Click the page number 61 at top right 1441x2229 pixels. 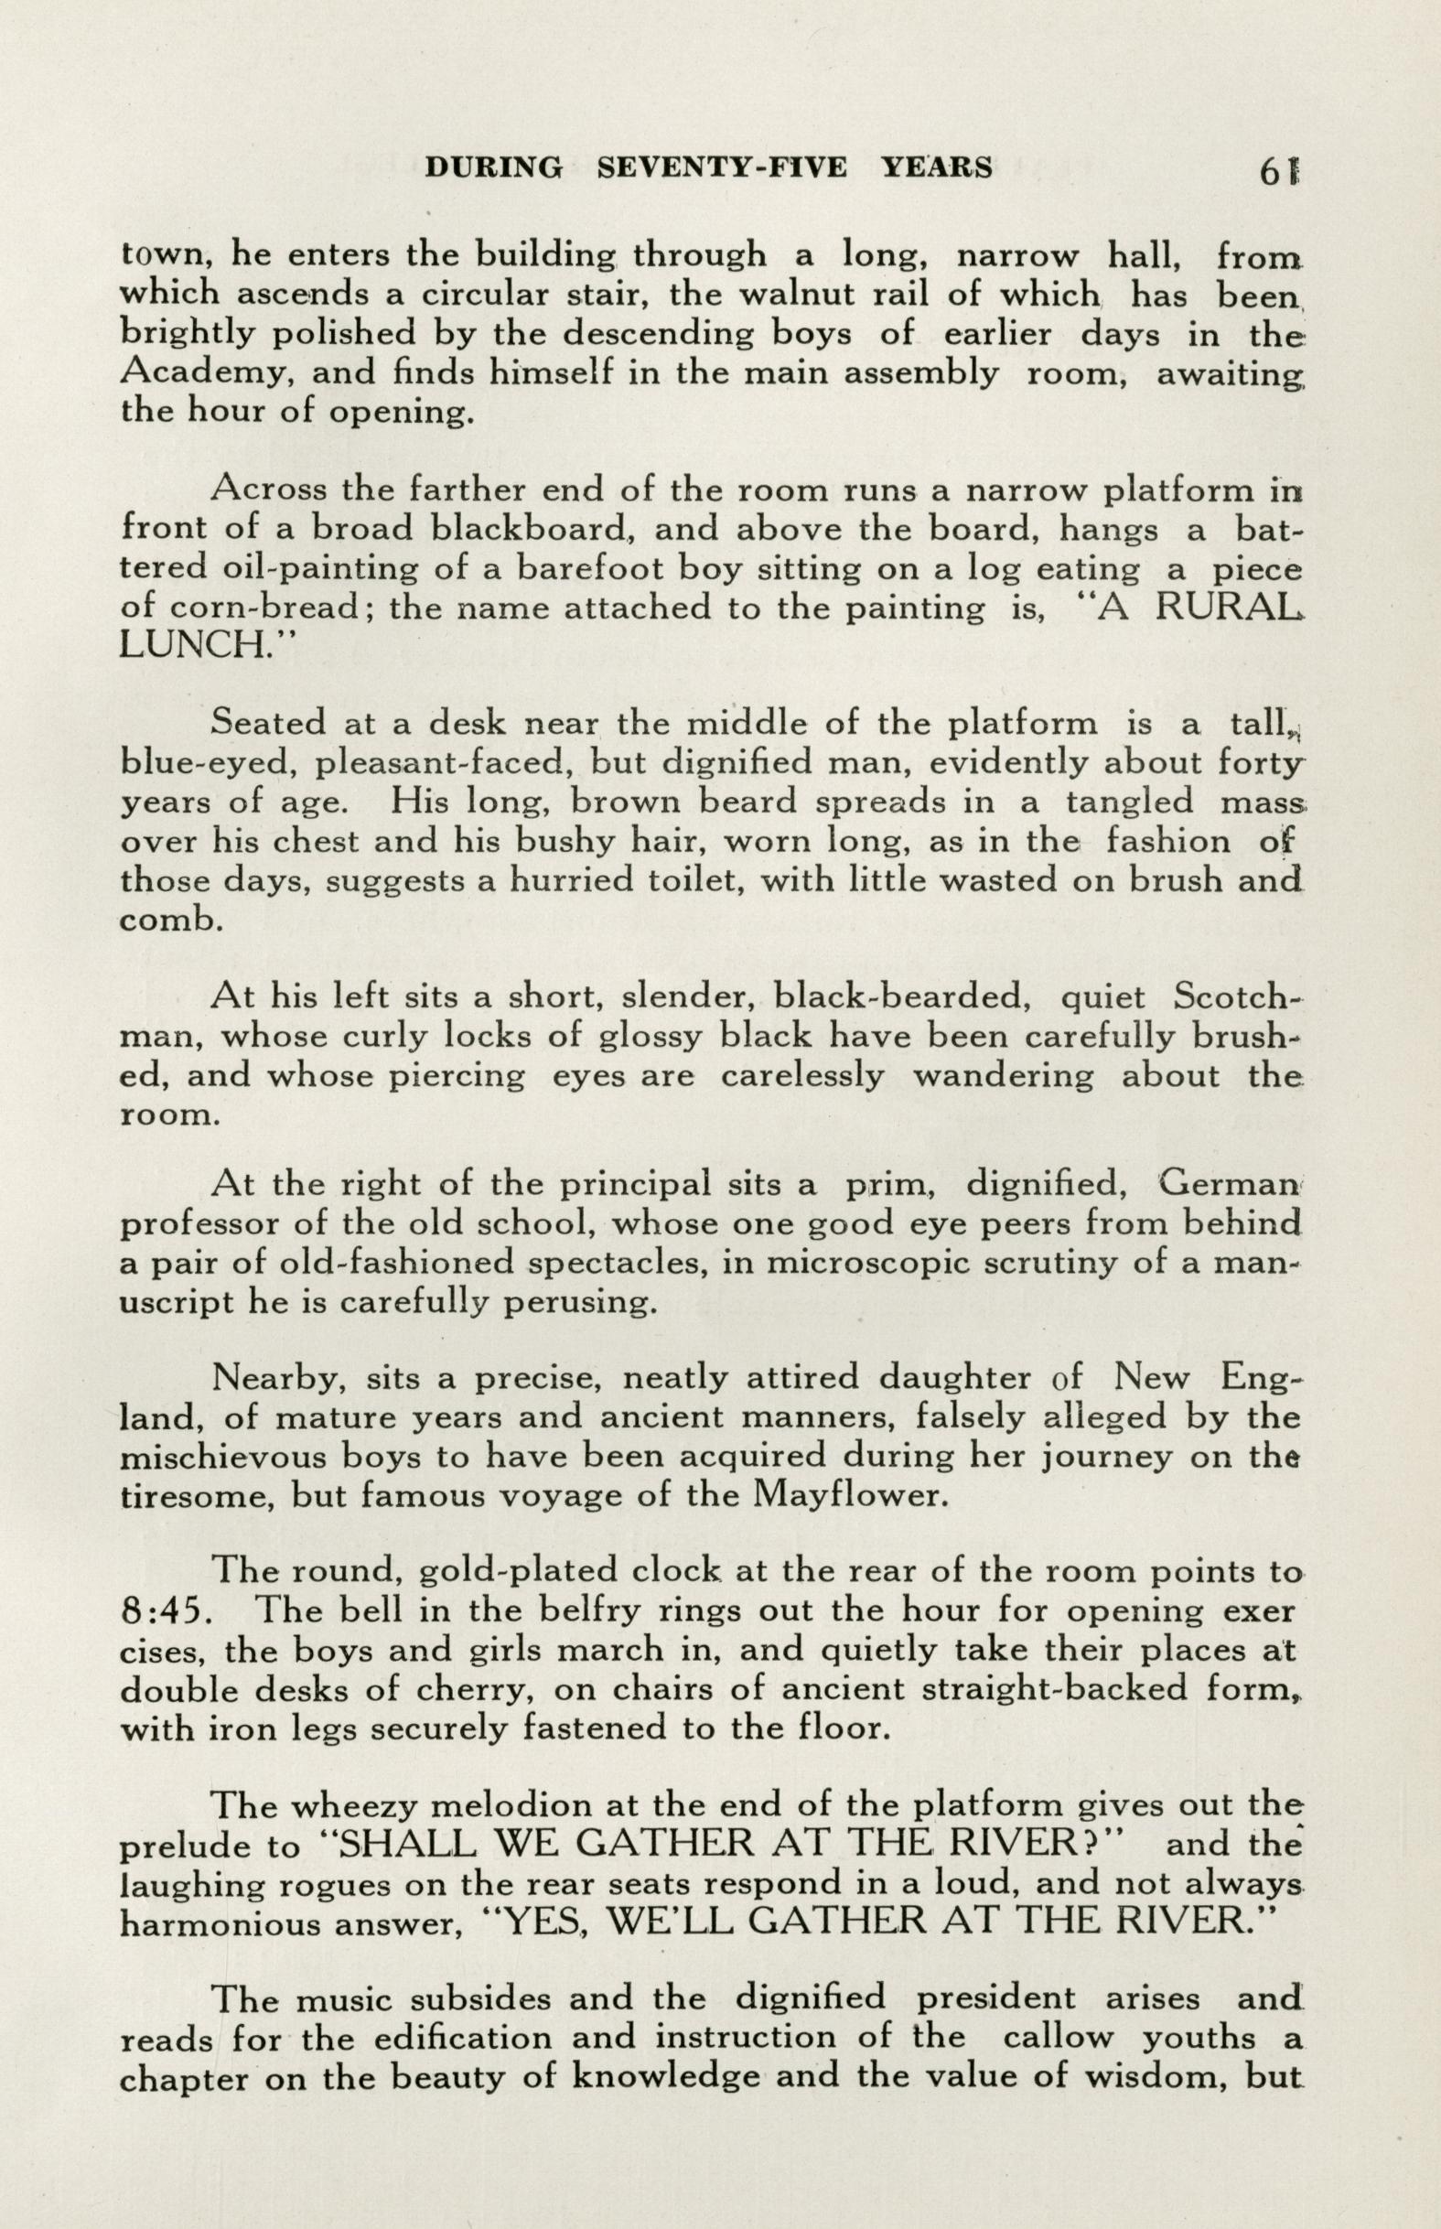tap(1281, 170)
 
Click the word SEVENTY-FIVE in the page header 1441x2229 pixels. tap(722, 167)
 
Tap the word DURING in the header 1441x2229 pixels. tap(494, 167)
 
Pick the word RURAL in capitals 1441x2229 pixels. tap(1227, 608)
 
